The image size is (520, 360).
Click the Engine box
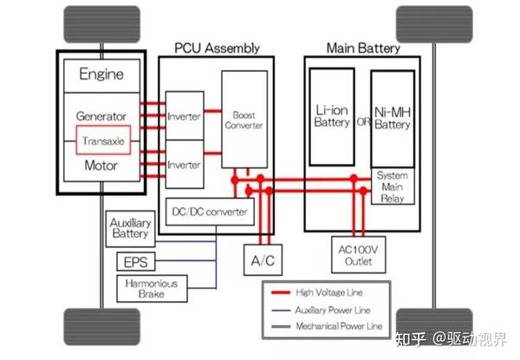[101, 74]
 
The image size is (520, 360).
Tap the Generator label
[101, 116]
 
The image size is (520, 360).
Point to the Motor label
[101, 165]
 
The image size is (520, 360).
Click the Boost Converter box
[243, 120]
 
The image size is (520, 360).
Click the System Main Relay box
[393, 186]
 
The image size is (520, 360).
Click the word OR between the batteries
[364, 121]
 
